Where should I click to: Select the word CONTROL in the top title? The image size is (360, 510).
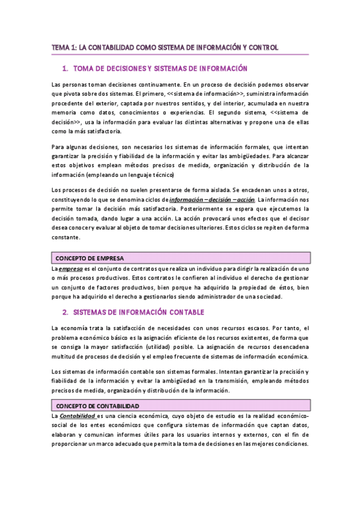[x=261, y=48]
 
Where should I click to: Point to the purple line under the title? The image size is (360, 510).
[x=180, y=55]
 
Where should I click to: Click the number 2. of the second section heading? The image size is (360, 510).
[x=66, y=313]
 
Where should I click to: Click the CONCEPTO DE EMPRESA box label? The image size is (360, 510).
[x=81, y=258]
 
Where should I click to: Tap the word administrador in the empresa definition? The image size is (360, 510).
[x=222, y=297]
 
